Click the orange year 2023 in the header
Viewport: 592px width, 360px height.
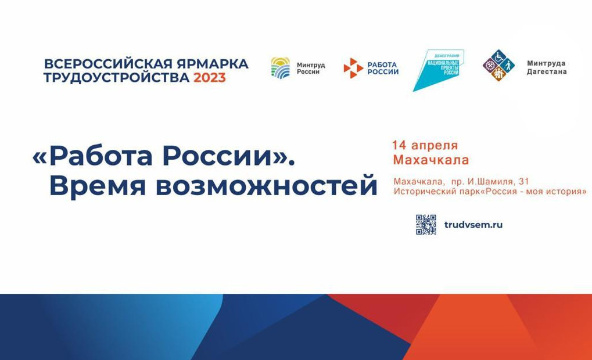pyautogui.click(x=209, y=78)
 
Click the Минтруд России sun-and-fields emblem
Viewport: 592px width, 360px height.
pyautogui.click(x=281, y=68)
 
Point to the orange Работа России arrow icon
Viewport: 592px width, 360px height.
pyautogui.click(x=353, y=68)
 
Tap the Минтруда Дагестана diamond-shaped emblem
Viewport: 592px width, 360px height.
pyautogui.click(x=498, y=65)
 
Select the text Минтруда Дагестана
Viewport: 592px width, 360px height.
pyautogui.click(x=546, y=67)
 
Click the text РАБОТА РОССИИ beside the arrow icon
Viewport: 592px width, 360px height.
pyautogui.click(x=382, y=68)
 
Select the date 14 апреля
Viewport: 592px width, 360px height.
pyautogui.click(x=425, y=145)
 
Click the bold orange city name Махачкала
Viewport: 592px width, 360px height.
pyautogui.click(x=430, y=160)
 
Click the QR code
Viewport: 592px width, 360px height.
pyautogui.click(x=426, y=225)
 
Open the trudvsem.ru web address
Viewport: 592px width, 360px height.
pyautogui.click(x=473, y=225)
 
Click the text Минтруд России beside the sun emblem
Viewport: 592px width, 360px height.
pyautogui.click(x=311, y=68)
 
